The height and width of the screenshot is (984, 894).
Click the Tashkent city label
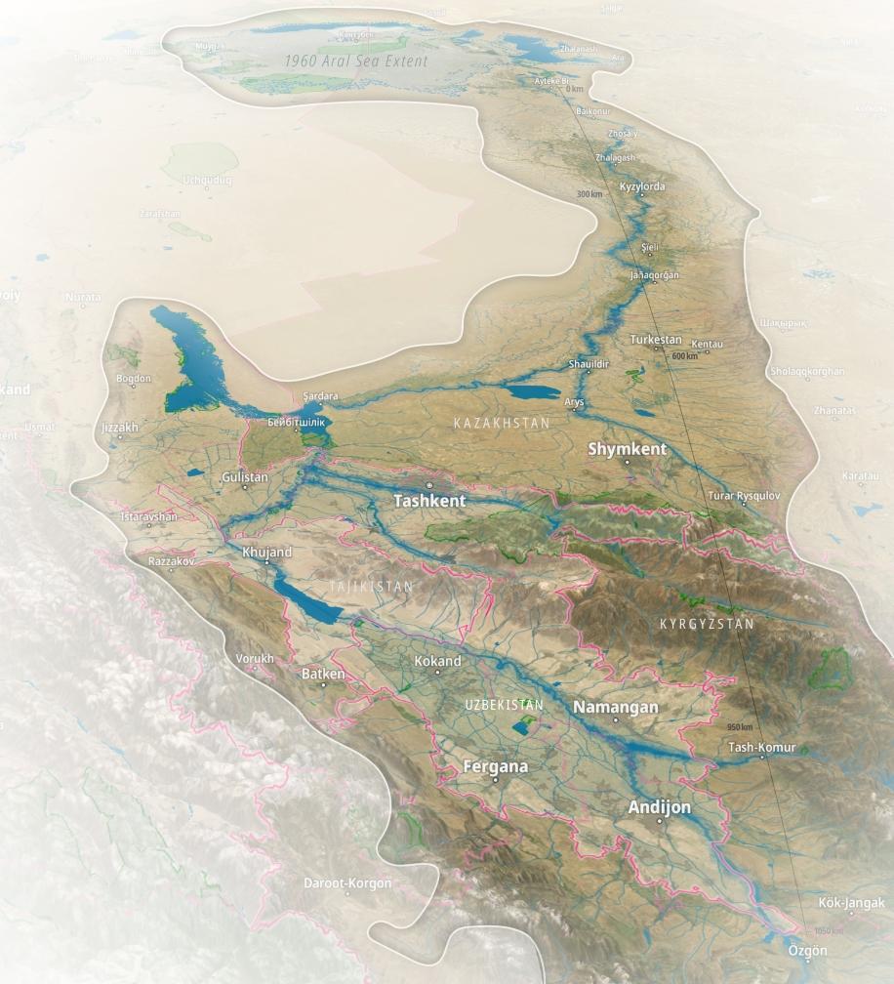click(x=429, y=500)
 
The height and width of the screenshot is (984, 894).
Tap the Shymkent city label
click(x=628, y=449)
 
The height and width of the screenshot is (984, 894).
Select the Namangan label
click(x=616, y=707)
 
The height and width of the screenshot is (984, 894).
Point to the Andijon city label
click(x=660, y=807)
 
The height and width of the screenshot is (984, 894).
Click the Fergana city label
click(x=496, y=766)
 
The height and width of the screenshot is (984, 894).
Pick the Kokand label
click(x=437, y=661)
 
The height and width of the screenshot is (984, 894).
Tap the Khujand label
click(x=266, y=552)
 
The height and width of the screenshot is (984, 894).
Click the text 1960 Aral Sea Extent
click(x=356, y=61)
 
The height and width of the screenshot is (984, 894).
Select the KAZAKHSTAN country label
click(x=502, y=424)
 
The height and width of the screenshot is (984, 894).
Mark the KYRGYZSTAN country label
click(x=707, y=624)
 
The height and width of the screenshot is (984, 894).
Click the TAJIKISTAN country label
click(x=357, y=587)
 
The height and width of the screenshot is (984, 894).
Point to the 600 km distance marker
click(x=685, y=356)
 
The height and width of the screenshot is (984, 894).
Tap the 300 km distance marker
click(x=589, y=194)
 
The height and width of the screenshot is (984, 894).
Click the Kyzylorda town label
click(x=642, y=185)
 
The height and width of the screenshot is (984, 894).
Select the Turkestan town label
click(x=656, y=339)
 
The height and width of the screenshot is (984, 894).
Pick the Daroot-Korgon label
click(x=347, y=882)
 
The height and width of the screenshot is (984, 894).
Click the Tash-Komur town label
click(x=762, y=748)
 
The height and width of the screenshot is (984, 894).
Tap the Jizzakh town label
click(x=119, y=428)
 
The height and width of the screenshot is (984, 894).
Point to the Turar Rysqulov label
click(x=745, y=496)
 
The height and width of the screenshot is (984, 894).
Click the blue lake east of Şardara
click(x=533, y=392)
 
